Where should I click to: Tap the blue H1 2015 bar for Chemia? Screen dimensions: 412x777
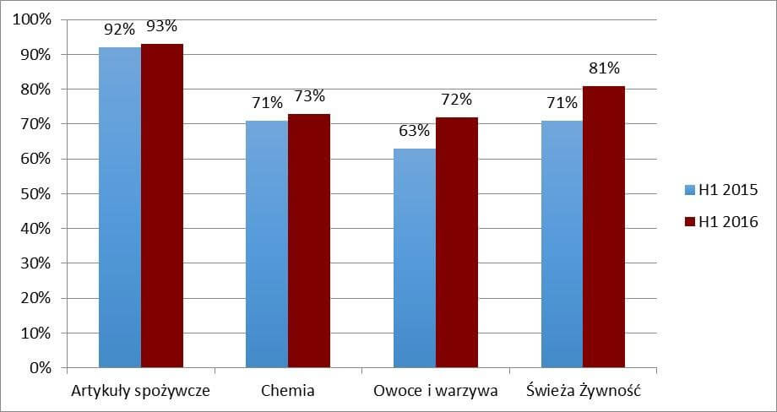(x=267, y=244)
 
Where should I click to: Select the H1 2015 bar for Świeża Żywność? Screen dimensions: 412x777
(x=562, y=244)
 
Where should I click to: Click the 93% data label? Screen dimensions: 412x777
(x=163, y=27)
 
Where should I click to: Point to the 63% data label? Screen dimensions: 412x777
(x=415, y=131)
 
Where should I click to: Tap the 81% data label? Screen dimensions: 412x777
(x=605, y=68)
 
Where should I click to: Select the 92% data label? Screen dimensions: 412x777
(x=119, y=30)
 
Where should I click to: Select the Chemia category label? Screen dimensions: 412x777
(x=288, y=391)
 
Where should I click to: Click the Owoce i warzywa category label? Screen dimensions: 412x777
(x=436, y=391)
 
